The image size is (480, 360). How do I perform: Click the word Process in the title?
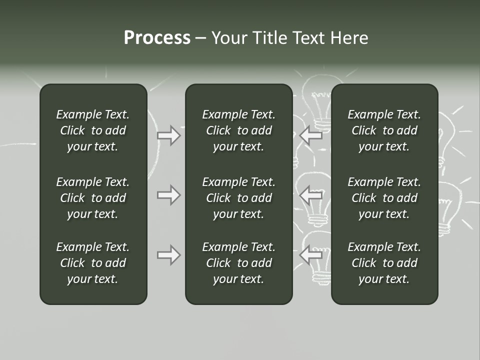point(157,38)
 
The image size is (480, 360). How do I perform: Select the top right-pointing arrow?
point(168,135)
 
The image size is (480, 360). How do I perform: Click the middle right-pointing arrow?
point(168,194)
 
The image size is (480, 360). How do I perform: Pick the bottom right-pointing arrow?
point(168,255)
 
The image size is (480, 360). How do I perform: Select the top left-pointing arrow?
point(311,135)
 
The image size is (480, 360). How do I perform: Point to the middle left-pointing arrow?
point(311,194)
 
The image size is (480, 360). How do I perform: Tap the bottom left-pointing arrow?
point(311,255)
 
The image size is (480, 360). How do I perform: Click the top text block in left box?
point(93,130)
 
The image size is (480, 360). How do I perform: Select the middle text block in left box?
point(93,198)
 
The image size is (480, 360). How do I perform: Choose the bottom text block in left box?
point(93,263)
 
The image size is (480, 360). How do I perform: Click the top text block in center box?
point(238,130)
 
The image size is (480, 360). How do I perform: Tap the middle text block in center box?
point(238,198)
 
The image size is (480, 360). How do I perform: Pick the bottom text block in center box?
point(238,263)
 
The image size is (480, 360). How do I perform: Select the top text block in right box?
point(384,130)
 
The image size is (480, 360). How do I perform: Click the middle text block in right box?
point(384,198)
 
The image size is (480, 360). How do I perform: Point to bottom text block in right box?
point(384,263)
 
